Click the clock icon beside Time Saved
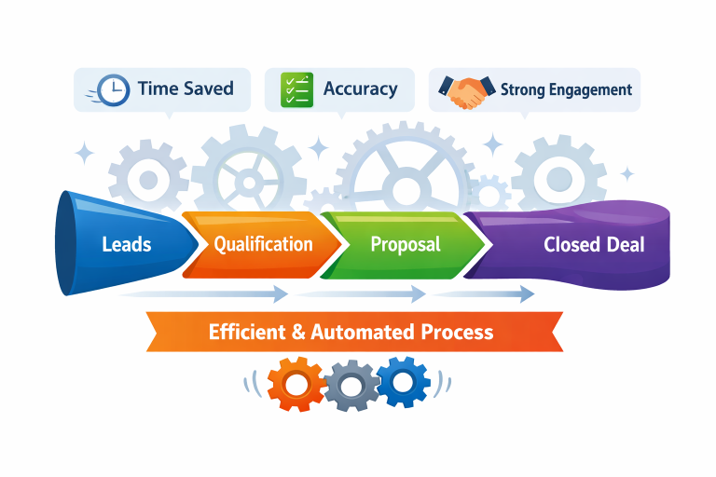pyautogui.click(x=113, y=89)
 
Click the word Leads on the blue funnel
pyautogui.click(x=126, y=245)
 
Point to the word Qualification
pyautogui.click(x=263, y=244)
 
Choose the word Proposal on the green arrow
pyautogui.click(x=406, y=244)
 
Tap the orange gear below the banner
pyautogui.click(x=295, y=382)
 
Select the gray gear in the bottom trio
pyautogui.click(x=349, y=383)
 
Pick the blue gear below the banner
pyautogui.click(x=401, y=381)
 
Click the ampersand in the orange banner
pyautogui.click(x=297, y=332)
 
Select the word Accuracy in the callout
pyautogui.click(x=360, y=89)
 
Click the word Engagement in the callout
pyautogui.click(x=589, y=90)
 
